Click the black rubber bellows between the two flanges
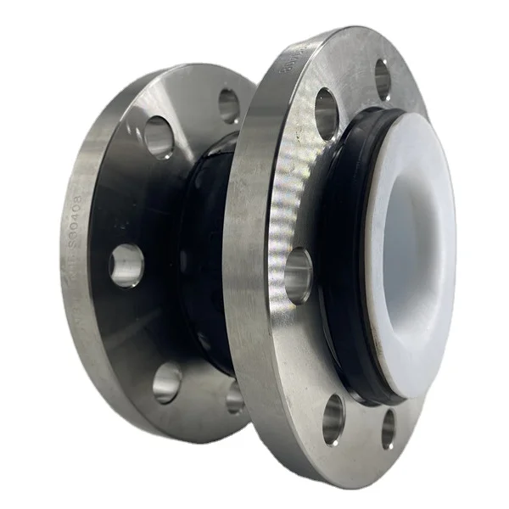(x=204, y=255)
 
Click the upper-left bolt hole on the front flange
(x=327, y=112)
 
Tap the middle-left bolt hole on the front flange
(x=298, y=276)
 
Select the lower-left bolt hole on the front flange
(x=333, y=419)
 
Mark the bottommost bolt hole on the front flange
(x=388, y=429)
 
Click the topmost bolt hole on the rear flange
(x=228, y=106)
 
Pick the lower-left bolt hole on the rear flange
(x=167, y=383)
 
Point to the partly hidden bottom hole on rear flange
(x=235, y=396)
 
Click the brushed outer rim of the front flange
(x=255, y=255)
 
